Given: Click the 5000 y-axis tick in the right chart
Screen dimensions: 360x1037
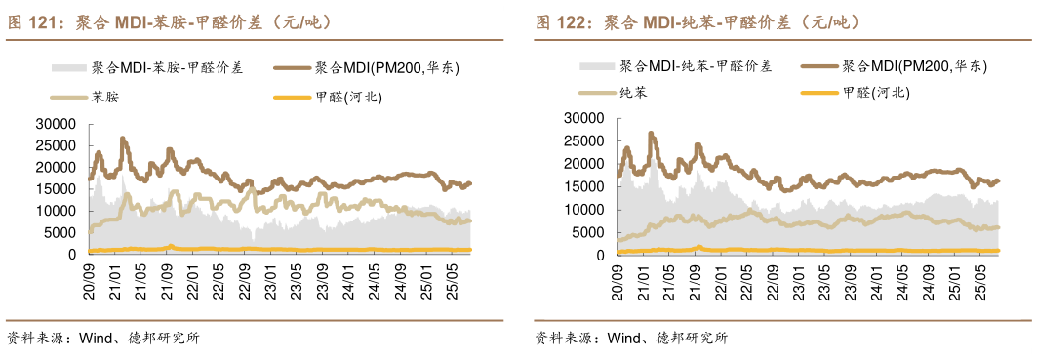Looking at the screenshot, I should [589, 232].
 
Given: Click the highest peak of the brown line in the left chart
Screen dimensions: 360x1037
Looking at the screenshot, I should [123, 139].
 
